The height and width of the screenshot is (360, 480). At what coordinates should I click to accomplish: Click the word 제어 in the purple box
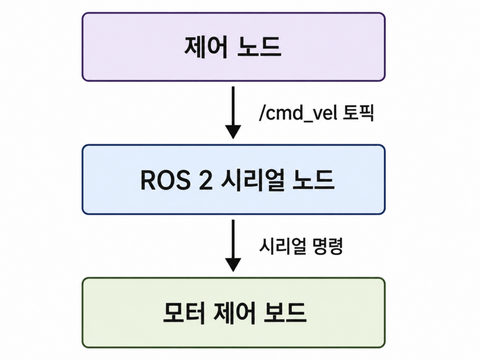[x=206, y=47]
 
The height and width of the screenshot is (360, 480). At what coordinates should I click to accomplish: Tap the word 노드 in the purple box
[x=259, y=47]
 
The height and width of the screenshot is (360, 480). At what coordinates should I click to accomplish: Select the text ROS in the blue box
[x=165, y=180]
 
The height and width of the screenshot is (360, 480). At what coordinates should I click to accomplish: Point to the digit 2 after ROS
[x=205, y=180]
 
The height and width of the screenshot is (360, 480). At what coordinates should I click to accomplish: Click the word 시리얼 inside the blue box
[x=252, y=180]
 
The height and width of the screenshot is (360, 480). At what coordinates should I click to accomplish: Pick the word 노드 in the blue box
[x=313, y=180]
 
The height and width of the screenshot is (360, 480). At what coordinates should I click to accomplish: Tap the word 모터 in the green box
[x=184, y=313]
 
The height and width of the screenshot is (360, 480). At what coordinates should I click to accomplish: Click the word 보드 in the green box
[x=285, y=313]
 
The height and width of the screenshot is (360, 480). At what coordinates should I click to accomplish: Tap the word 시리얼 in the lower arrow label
[x=283, y=246]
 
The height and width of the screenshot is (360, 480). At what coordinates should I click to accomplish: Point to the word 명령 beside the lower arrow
[x=327, y=246]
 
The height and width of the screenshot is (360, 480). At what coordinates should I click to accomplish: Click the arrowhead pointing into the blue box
[x=233, y=132]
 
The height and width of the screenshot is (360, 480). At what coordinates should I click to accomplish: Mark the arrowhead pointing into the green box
[x=233, y=265]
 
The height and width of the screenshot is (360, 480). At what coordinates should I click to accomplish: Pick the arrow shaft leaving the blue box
[x=233, y=239]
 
